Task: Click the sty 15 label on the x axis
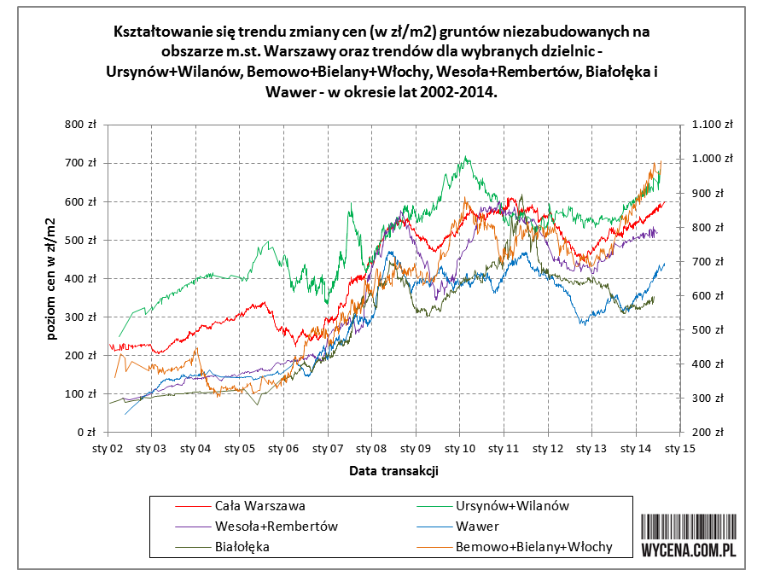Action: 679,446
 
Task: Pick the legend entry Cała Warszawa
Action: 260,506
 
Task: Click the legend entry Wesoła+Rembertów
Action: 277,527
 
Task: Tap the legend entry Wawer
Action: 477,527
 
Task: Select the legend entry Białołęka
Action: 242,547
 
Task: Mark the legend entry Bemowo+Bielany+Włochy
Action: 533,547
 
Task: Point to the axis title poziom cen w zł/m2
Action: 52,278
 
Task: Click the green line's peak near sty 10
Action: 465,157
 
